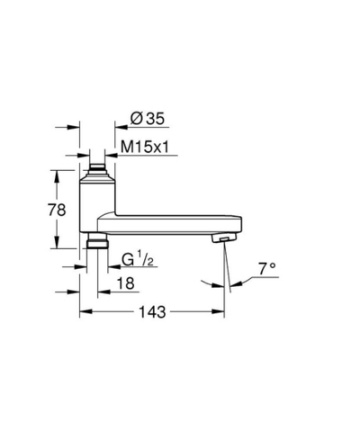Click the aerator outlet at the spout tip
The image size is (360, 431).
[220, 238]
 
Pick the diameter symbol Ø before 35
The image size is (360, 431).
[137, 118]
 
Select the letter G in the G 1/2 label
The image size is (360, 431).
[127, 262]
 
